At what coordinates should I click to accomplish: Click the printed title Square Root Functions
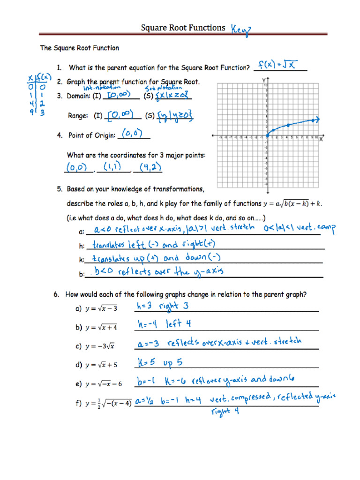183,28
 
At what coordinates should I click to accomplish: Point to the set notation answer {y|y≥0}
175,115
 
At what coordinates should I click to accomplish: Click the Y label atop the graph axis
264,81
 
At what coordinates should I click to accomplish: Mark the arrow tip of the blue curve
319,120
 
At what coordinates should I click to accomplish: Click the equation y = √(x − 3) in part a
101,308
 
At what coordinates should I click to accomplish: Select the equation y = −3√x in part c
100,346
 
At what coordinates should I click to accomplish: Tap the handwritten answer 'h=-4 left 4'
164,324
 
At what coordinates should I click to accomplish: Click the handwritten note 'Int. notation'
102,88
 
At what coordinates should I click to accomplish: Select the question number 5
60,189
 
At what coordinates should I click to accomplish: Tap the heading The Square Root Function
79,48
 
